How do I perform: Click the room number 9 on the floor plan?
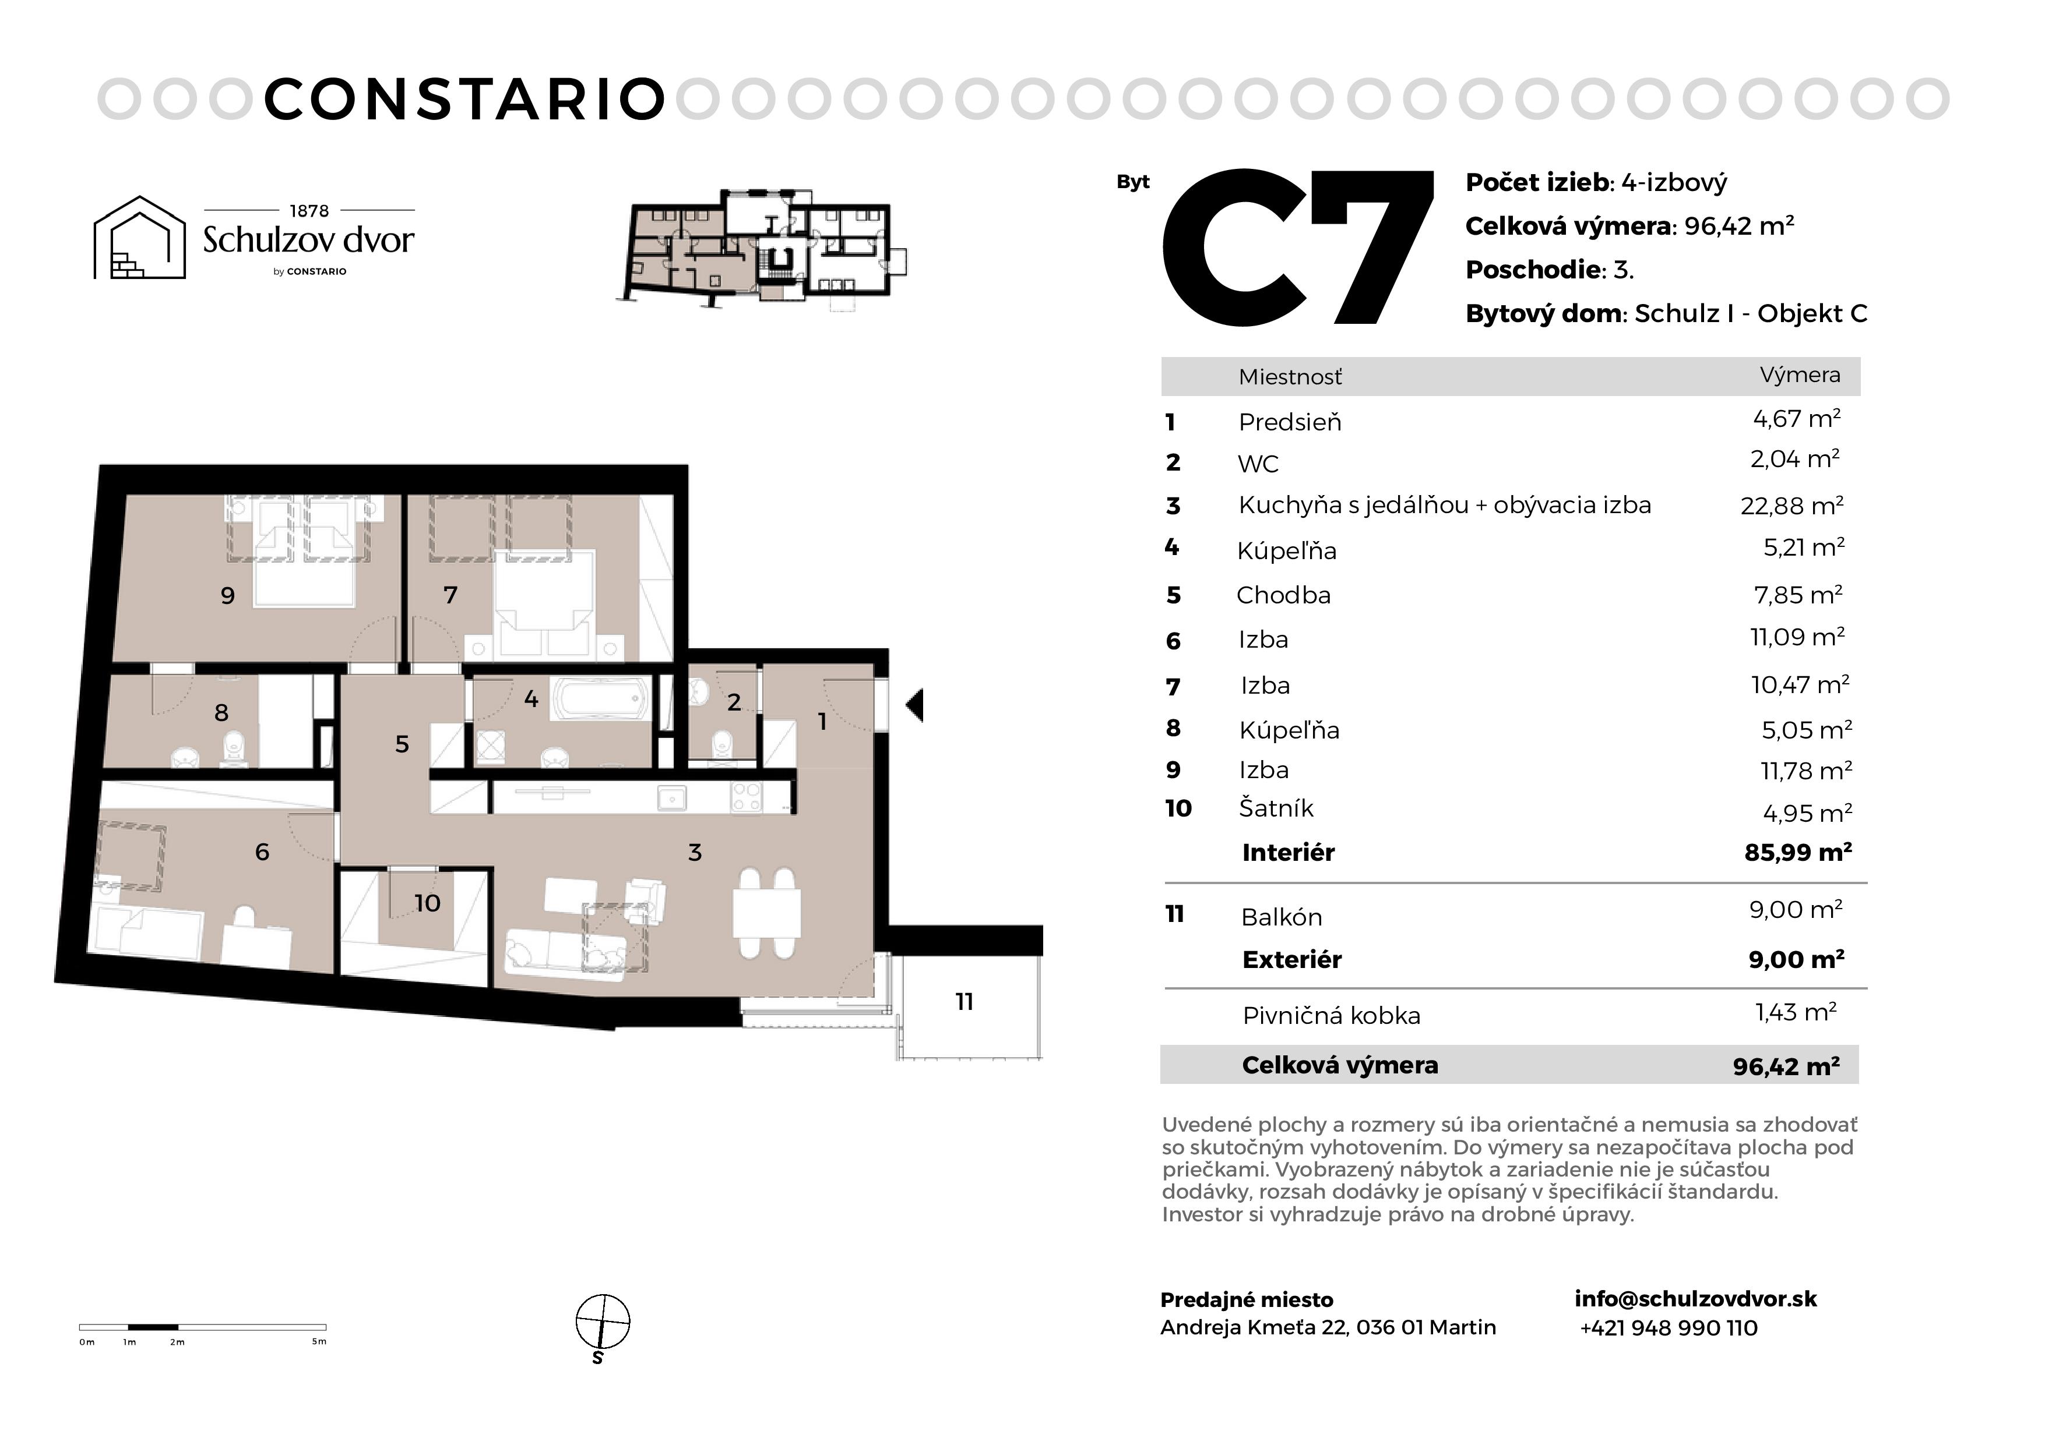[228, 596]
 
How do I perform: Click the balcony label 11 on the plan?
[965, 1002]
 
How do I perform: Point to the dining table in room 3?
[767, 913]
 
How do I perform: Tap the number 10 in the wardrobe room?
[428, 904]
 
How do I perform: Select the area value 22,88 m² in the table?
[1792, 506]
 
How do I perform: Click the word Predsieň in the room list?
[1290, 422]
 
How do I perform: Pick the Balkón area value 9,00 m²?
[1796, 910]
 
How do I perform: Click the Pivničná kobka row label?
[1332, 1016]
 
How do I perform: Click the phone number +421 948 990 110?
[1669, 1329]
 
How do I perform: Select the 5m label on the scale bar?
[319, 1342]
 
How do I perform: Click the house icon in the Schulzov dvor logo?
[140, 238]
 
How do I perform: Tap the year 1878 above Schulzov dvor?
[309, 211]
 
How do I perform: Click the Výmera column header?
[1800, 375]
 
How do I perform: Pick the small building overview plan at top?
[762, 248]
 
